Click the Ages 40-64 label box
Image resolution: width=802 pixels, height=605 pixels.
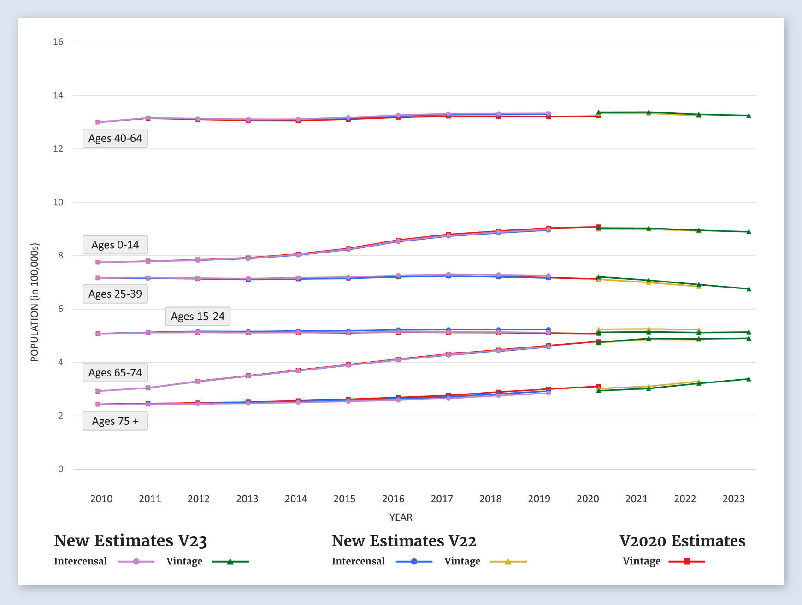click(115, 138)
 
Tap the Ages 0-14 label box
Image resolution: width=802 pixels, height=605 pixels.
click(115, 245)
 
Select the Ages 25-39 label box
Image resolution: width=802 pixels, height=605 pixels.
click(115, 294)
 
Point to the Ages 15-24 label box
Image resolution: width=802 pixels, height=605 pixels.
click(198, 317)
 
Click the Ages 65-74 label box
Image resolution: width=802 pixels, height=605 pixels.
click(115, 373)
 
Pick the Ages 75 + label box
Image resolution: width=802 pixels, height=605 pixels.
click(115, 421)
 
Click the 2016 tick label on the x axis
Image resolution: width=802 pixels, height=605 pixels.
click(393, 499)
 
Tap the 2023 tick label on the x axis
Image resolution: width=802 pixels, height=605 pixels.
click(733, 499)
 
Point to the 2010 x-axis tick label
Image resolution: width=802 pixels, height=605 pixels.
click(101, 499)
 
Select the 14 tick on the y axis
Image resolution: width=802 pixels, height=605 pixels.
click(58, 95)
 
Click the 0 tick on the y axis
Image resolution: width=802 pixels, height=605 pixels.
click(60, 469)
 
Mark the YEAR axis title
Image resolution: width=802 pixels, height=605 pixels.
click(401, 517)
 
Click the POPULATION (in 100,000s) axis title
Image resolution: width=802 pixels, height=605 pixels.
click(35, 302)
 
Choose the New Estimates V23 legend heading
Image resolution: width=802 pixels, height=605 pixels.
click(130, 541)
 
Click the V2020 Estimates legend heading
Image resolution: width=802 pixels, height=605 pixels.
click(682, 541)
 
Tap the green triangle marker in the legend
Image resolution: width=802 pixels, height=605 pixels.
click(230, 562)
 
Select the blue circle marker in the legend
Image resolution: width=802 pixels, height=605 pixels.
click(414, 562)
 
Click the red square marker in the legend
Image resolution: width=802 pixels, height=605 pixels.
click(687, 562)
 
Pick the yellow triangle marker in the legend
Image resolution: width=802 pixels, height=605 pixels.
click(508, 562)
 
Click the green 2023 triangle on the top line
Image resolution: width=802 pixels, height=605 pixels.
click(749, 116)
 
